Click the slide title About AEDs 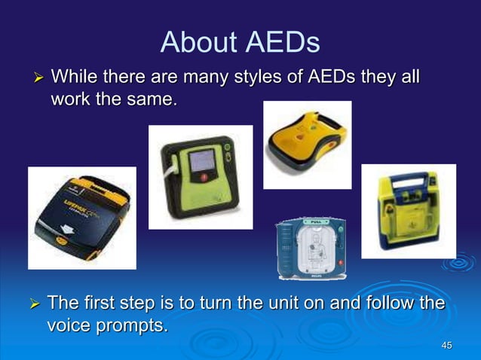click(240, 42)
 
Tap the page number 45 click(446, 346)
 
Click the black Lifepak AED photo click(81, 218)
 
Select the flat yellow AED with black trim click(307, 144)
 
